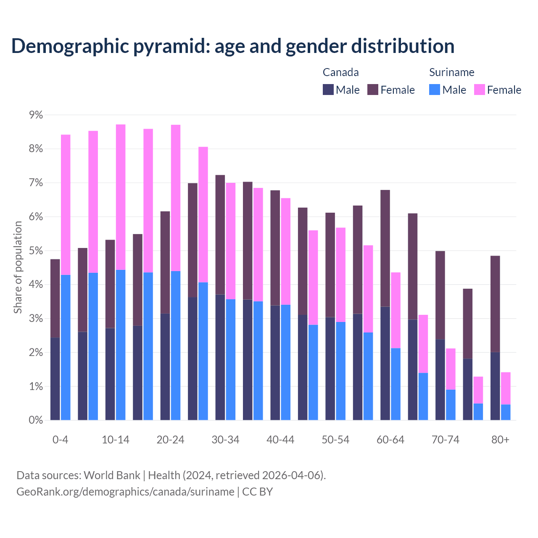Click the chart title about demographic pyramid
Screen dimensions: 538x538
[x=233, y=46]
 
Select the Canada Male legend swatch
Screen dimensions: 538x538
[x=328, y=90]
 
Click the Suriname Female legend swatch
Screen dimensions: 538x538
[x=479, y=90]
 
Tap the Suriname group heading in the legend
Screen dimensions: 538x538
[x=451, y=72]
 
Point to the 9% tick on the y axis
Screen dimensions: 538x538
[x=33, y=115]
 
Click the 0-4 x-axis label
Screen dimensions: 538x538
[x=60, y=440]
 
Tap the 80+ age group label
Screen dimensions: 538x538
[x=500, y=440]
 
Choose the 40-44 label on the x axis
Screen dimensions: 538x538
[x=280, y=440]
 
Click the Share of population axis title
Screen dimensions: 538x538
[x=18, y=267]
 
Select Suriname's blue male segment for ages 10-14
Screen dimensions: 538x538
[x=121, y=345]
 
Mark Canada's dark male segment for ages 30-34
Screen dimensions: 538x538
[x=220, y=357]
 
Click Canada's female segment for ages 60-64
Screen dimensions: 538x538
[x=385, y=248]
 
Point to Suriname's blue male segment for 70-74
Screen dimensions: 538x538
[x=451, y=405]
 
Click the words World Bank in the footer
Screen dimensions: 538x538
[x=112, y=475]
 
